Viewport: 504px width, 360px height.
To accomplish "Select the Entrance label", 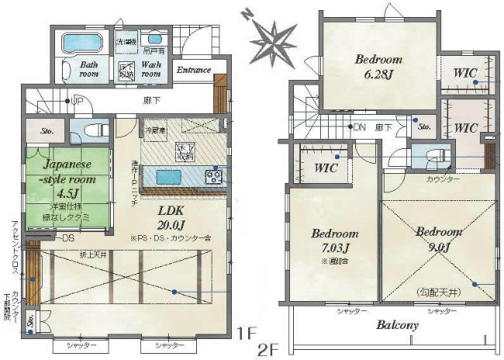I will click(x=193, y=71).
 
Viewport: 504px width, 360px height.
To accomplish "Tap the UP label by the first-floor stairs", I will click(x=77, y=100).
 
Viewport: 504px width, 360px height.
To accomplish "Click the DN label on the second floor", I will click(x=357, y=126).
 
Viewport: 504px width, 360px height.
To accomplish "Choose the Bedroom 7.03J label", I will click(x=334, y=240).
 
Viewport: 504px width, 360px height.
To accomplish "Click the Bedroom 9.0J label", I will click(x=438, y=238).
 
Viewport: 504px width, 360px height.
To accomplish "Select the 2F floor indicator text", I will click(x=270, y=350).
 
